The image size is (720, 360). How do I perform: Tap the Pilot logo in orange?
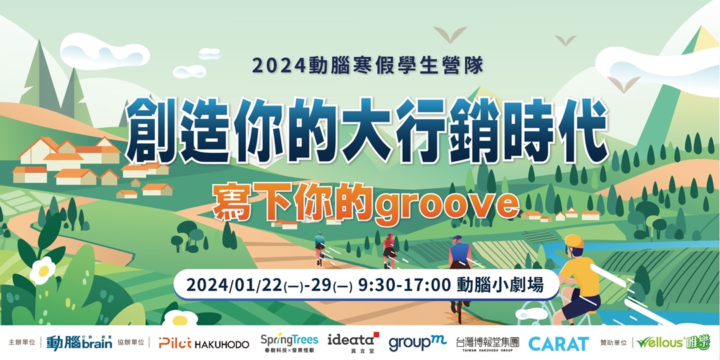pos(175,343)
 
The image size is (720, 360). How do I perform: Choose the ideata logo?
pos(354,341)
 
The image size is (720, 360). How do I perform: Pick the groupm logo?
pos(417,342)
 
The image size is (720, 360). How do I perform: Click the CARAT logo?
pos(559,343)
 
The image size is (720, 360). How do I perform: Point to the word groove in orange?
pos(446,204)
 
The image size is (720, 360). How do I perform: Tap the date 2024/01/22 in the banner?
pos(233,285)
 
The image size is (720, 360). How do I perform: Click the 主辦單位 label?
pos(21,343)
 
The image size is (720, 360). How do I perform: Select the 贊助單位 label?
pos(613,343)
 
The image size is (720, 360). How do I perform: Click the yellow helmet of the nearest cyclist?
pos(573,241)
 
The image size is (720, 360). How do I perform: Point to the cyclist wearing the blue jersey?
pos(459,256)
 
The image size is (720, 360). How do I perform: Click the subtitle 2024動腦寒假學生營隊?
pos(367,65)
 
